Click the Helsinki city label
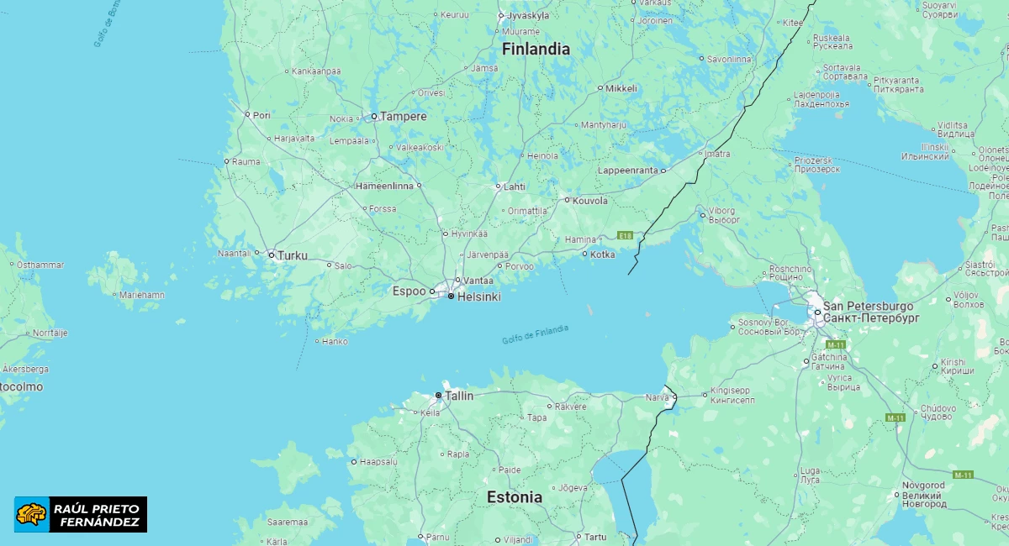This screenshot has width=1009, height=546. click(x=478, y=297)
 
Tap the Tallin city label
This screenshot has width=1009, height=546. click(x=459, y=395)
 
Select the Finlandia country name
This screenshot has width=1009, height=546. click(x=536, y=49)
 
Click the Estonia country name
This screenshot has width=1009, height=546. click(x=515, y=497)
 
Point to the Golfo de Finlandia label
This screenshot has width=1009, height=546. click(x=535, y=334)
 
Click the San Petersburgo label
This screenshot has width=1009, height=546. click(x=868, y=306)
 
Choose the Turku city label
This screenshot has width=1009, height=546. click(x=293, y=255)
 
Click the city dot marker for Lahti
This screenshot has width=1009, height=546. click(x=498, y=186)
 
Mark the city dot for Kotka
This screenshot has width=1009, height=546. click(x=585, y=254)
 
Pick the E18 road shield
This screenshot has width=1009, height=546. click(x=625, y=236)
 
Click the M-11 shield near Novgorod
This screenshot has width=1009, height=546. click(x=963, y=475)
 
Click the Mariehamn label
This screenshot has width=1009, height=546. click(x=142, y=295)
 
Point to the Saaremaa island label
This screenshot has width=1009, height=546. click(x=287, y=522)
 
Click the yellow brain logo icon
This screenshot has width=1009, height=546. click(x=32, y=514)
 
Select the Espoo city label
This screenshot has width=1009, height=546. click(x=409, y=291)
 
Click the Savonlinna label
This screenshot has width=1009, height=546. click(x=729, y=59)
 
